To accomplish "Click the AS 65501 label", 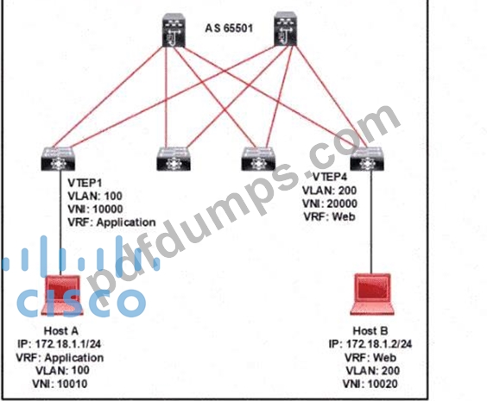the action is click(229, 28).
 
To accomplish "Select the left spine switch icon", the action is click(174, 30).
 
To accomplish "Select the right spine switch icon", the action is click(286, 29).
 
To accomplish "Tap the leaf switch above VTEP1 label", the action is click(58, 159).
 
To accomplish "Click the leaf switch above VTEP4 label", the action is click(367, 159).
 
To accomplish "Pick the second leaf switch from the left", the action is click(174, 159).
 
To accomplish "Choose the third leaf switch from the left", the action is click(258, 159).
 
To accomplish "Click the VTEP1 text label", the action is click(85, 183).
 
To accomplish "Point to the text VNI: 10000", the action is click(95, 209).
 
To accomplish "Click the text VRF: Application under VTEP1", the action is click(111, 222).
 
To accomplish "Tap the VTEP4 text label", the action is click(330, 177).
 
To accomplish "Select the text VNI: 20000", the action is click(330, 204).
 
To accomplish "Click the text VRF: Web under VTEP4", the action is click(329, 216).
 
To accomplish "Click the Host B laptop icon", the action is click(372, 294).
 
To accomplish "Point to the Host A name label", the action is click(61, 331).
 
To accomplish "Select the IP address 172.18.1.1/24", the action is click(60, 344).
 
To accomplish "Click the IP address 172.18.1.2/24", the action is click(370, 344).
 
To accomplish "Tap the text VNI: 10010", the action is click(60, 384).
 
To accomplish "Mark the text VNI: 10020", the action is click(370, 384).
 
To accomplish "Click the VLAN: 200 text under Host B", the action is click(373, 371).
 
